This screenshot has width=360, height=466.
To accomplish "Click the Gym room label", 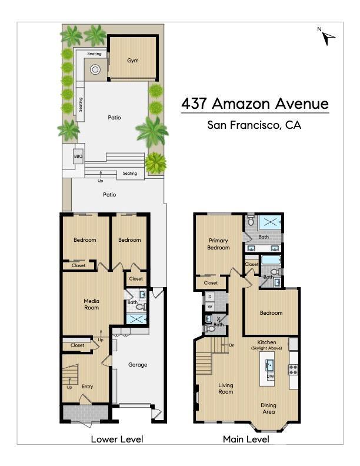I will (133, 61).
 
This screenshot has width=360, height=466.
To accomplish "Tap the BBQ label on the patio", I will (78, 157).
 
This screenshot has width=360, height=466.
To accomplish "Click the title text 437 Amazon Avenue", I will (255, 104).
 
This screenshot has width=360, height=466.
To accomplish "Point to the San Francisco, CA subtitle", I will (254, 125).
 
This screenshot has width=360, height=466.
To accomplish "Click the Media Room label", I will (91, 304).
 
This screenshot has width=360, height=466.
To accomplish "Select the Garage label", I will (138, 365).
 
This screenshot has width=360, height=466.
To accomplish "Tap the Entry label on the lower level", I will (88, 387).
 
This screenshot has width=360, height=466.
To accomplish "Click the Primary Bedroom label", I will (218, 244).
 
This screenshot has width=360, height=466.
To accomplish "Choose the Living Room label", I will (226, 388).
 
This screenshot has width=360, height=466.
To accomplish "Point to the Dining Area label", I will (269, 408).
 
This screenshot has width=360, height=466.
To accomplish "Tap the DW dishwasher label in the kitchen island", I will (270, 377).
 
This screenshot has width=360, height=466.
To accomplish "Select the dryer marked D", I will (210, 297).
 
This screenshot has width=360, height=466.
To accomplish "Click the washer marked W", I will (210, 307).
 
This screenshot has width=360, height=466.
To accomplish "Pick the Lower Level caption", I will (116, 439).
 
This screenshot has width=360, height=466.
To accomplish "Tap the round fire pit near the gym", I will (95, 71).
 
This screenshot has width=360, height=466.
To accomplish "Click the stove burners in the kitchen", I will (292, 370).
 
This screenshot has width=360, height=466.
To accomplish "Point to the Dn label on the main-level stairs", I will (232, 345).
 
